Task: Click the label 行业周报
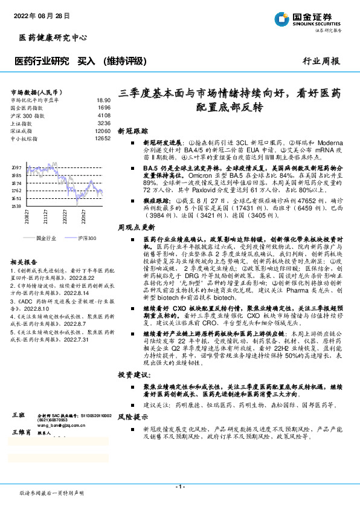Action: (x=321, y=61)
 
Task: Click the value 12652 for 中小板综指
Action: (x=103, y=138)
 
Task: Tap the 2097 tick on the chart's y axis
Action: (x=16, y=167)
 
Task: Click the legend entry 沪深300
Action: (x=87, y=239)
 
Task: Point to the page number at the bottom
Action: (x=179, y=486)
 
